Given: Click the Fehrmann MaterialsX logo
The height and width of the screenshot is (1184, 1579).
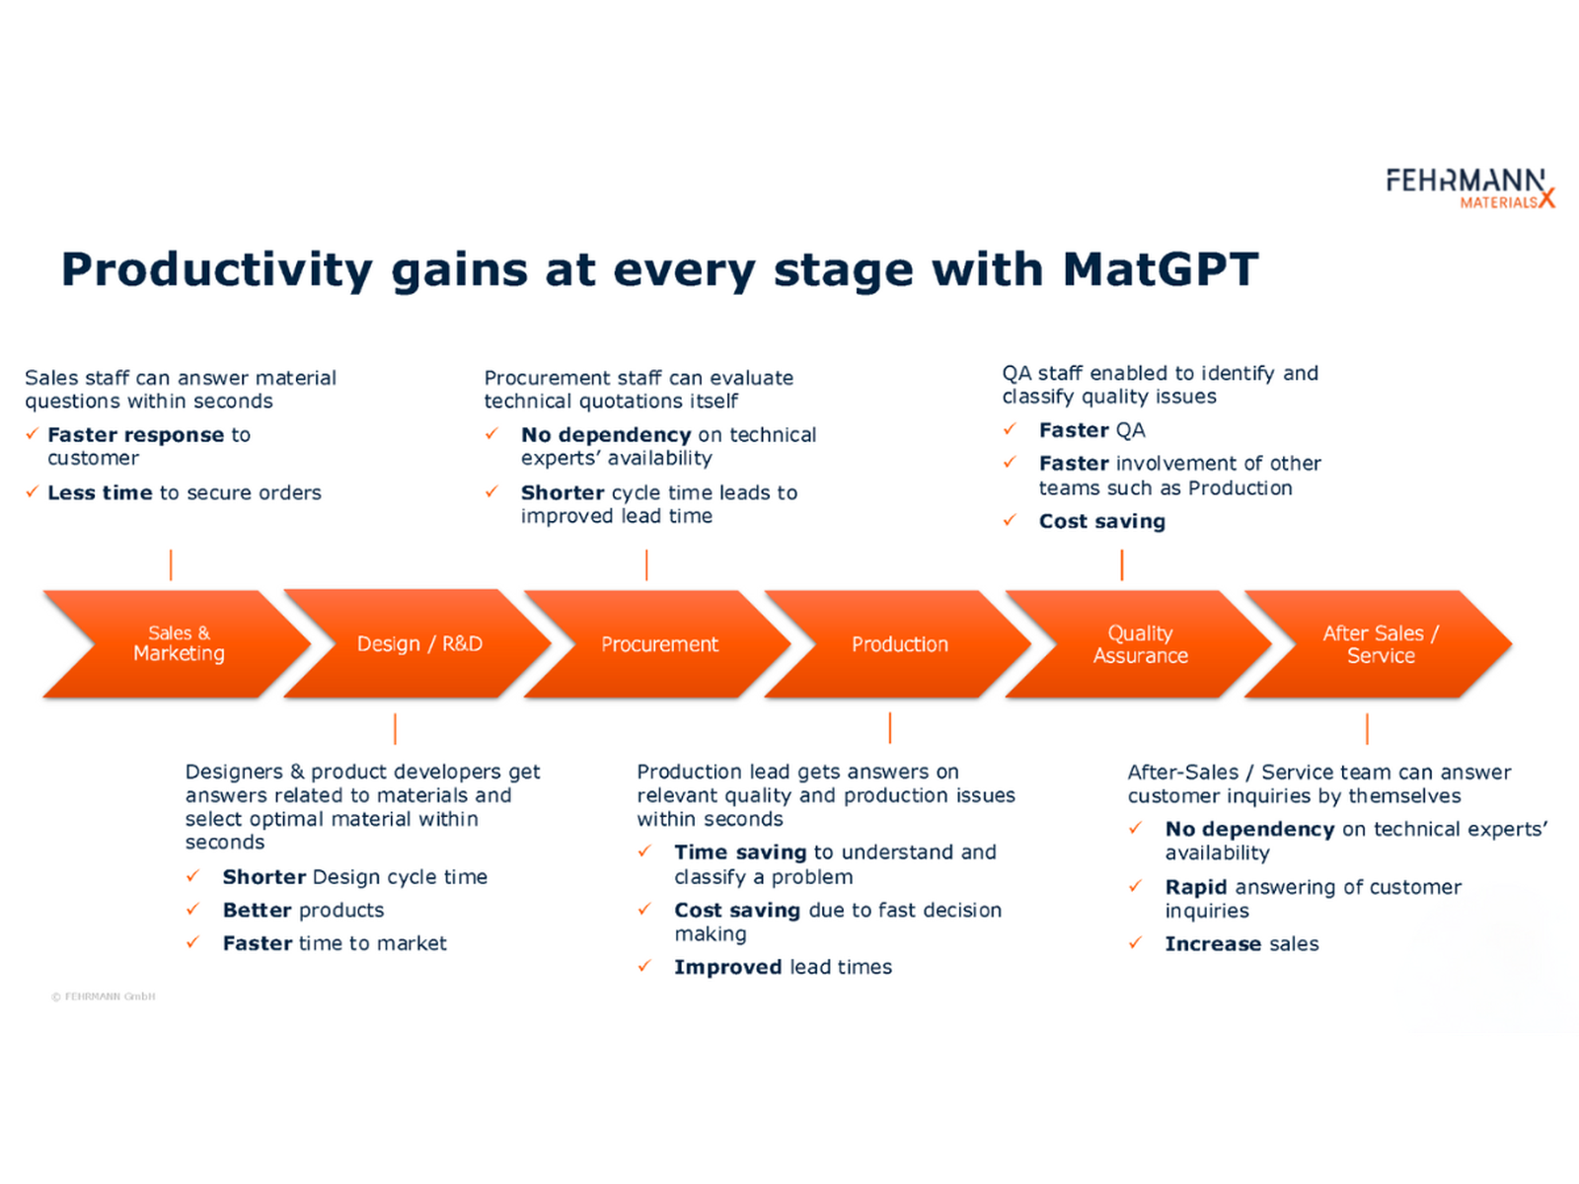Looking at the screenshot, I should [x=1468, y=187].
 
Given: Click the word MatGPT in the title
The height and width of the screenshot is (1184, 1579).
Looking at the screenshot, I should [x=1160, y=269].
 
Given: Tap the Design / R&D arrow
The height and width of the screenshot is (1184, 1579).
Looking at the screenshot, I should [x=418, y=644].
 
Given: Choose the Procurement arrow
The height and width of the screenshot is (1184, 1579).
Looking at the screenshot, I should [x=658, y=644].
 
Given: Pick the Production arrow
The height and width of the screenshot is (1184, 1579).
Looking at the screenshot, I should [x=899, y=644].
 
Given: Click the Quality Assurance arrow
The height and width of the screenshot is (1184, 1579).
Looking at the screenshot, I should [x=1140, y=644].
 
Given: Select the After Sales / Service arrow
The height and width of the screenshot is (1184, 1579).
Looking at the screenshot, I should [x=1380, y=644].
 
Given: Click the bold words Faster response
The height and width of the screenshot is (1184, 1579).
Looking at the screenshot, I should [x=135, y=435].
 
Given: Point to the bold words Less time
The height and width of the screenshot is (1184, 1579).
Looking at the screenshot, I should [x=100, y=492].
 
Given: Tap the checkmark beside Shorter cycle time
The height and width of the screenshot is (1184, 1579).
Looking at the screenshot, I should [x=491, y=491].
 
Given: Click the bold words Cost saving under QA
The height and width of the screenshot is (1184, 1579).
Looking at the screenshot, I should [x=1101, y=521].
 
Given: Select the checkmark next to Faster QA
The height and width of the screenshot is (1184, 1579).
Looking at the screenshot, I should [x=1010, y=429].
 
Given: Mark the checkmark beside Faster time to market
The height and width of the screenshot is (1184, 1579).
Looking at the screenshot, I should [x=193, y=943].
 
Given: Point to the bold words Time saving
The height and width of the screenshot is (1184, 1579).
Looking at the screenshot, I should [x=739, y=852].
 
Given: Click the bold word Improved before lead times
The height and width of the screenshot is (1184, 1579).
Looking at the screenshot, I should [x=727, y=967].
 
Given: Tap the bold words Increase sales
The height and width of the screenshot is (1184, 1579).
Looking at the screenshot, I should [x=1241, y=944].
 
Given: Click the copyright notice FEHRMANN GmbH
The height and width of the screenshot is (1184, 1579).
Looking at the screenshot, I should [x=104, y=997].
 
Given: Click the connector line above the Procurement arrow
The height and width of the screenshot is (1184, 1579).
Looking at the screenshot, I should [x=646, y=565].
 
